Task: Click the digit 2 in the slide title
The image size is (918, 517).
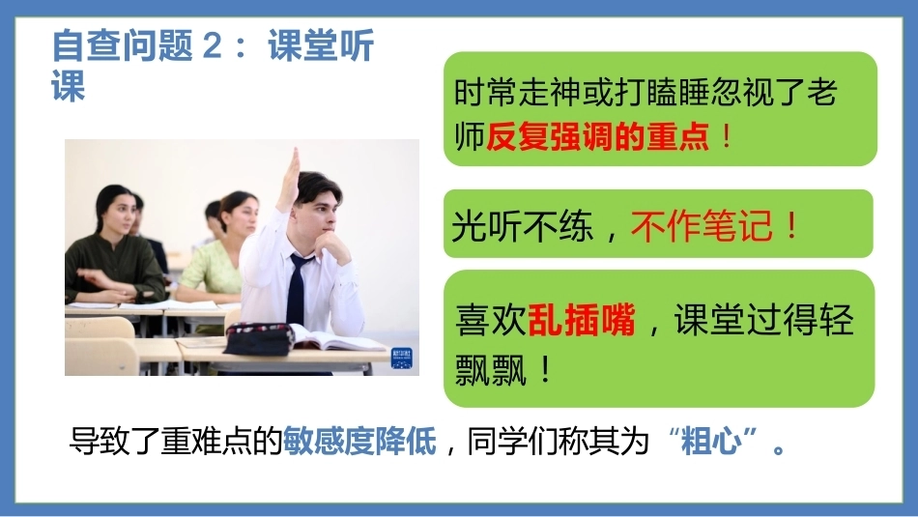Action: click(x=212, y=45)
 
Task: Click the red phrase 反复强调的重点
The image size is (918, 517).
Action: click(x=598, y=137)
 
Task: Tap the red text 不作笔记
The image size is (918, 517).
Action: click(x=702, y=225)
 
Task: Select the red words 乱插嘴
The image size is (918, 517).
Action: click(x=582, y=320)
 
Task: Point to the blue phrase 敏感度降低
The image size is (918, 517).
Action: click(x=359, y=441)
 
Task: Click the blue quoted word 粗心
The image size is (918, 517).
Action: click(x=712, y=441)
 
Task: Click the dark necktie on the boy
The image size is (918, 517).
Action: click(x=297, y=288)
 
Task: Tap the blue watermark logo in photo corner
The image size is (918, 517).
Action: click(x=402, y=358)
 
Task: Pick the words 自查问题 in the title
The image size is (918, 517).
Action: click(x=122, y=45)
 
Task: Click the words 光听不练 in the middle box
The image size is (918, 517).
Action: click(x=522, y=225)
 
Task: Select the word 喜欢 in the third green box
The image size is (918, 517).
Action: click(x=491, y=320)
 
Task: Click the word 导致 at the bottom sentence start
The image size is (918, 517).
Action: click(x=100, y=441)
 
